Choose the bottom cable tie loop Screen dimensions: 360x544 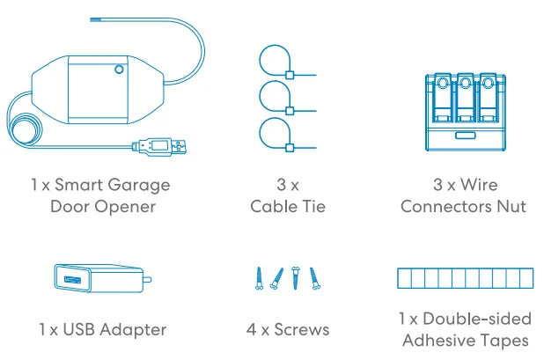(275, 136)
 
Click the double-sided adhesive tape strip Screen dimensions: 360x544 (462, 280)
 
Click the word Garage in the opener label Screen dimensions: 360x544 (139, 186)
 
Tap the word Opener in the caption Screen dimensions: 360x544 (129, 207)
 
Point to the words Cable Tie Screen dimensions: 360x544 (288, 207)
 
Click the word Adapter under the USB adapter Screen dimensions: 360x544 (135, 330)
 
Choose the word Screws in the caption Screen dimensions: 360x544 (301, 330)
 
